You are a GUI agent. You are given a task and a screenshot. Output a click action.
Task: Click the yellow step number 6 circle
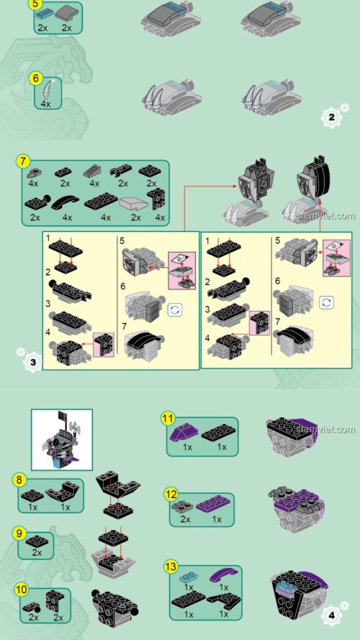pyautogui.click(x=35, y=78)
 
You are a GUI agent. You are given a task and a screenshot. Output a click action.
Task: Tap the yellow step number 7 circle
pyautogui.click(x=23, y=161)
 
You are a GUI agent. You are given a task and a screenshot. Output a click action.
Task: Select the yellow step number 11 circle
pyautogui.click(x=168, y=418)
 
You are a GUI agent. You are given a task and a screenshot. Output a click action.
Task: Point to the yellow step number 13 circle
pyautogui.click(x=171, y=567)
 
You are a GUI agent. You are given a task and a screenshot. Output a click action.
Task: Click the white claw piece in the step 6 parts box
pyautogui.click(x=48, y=89)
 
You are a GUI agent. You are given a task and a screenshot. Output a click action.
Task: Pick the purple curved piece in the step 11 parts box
pyautogui.click(x=186, y=431)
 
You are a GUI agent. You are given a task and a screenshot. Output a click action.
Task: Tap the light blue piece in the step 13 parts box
pyautogui.click(x=188, y=578)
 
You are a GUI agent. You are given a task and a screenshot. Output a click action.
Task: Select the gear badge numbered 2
pyautogui.click(x=331, y=117)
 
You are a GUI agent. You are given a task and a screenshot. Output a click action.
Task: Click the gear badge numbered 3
pyautogui.click(x=33, y=362)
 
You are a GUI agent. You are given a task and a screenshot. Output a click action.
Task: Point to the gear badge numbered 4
pyautogui.click(x=331, y=615)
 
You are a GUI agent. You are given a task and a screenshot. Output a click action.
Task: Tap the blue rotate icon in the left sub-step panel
pyautogui.click(x=175, y=310)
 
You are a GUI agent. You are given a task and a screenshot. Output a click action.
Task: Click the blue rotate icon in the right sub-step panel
pyautogui.click(x=327, y=303)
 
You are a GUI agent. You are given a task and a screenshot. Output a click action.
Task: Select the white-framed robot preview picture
pyautogui.click(x=62, y=440)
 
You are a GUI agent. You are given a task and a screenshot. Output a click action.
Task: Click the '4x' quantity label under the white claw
pyautogui.click(x=45, y=104)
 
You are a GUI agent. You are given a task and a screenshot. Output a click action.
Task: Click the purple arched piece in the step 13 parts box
pyautogui.click(x=224, y=575)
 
